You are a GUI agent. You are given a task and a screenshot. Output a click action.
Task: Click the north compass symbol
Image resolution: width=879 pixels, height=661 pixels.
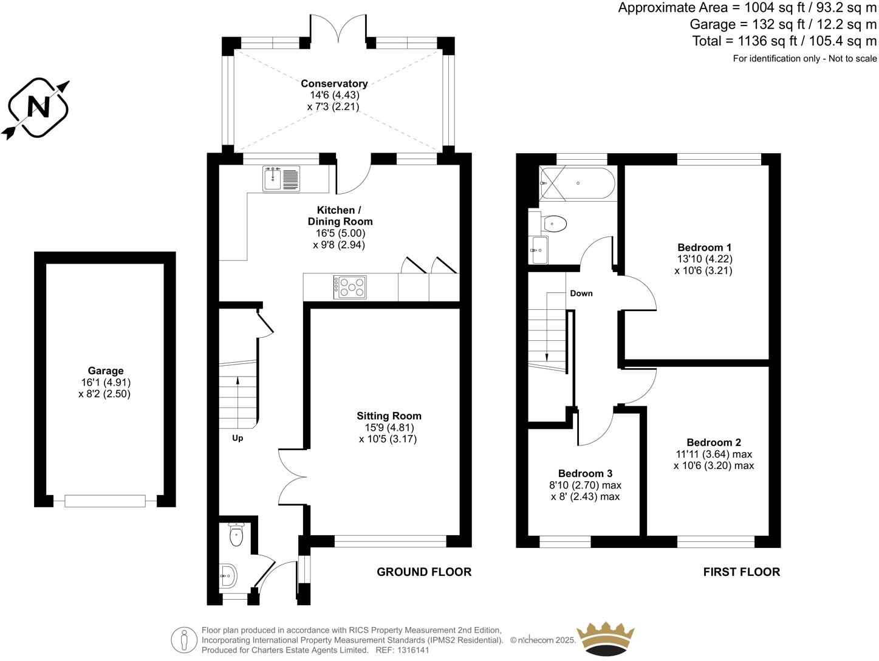(38, 108)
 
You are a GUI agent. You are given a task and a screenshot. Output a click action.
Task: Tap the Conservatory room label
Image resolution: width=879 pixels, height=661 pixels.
(334, 84)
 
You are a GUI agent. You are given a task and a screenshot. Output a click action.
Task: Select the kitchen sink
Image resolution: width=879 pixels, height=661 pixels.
(281, 178)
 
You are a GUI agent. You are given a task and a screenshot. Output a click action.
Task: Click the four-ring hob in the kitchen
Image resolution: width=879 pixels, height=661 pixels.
(350, 287)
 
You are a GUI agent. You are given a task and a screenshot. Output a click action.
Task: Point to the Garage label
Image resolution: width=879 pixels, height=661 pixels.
(105, 371)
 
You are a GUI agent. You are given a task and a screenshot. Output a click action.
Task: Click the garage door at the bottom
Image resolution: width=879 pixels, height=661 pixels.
(105, 501)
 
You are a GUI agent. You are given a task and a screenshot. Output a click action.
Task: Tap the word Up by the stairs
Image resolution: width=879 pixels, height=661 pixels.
(238, 438)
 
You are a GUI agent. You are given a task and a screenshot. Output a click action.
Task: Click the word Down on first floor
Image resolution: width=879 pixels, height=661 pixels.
(581, 293)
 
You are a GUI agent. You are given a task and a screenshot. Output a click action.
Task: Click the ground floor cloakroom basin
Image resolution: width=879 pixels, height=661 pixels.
(228, 575)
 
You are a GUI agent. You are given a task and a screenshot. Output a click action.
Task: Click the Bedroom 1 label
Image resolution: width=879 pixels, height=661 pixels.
(704, 247)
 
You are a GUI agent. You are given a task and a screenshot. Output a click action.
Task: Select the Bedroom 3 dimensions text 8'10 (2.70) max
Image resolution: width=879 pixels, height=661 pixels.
(586, 485)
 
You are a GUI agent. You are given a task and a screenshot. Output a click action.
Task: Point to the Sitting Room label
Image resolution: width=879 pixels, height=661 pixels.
(389, 416)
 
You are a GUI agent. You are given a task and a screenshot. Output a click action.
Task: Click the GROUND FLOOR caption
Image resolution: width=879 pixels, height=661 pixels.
(424, 572)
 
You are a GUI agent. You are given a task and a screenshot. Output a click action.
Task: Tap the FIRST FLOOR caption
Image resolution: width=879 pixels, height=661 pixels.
(741, 572)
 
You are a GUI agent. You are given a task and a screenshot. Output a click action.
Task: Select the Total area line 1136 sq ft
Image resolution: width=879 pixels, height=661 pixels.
(784, 41)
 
